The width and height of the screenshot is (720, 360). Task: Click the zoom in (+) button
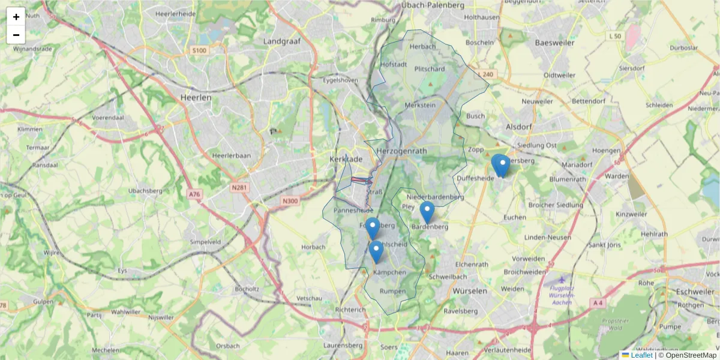pos(16,17)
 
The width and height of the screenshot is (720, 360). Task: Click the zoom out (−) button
pos(16,35)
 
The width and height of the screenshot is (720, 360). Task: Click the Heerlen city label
pos(196,97)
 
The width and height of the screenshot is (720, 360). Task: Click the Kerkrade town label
pos(346,159)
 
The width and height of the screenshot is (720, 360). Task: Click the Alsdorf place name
pos(519,127)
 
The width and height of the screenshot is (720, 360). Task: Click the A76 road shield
pos(193,194)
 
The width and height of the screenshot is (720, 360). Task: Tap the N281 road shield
pos(239,188)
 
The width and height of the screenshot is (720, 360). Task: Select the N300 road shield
pos(289,201)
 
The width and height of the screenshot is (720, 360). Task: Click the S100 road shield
pos(199,50)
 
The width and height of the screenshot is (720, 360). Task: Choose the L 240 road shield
pos(487,74)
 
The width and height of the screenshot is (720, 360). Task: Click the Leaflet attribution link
pos(641,355)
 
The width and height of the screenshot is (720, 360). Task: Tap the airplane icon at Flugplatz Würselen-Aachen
pos(561,279)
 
